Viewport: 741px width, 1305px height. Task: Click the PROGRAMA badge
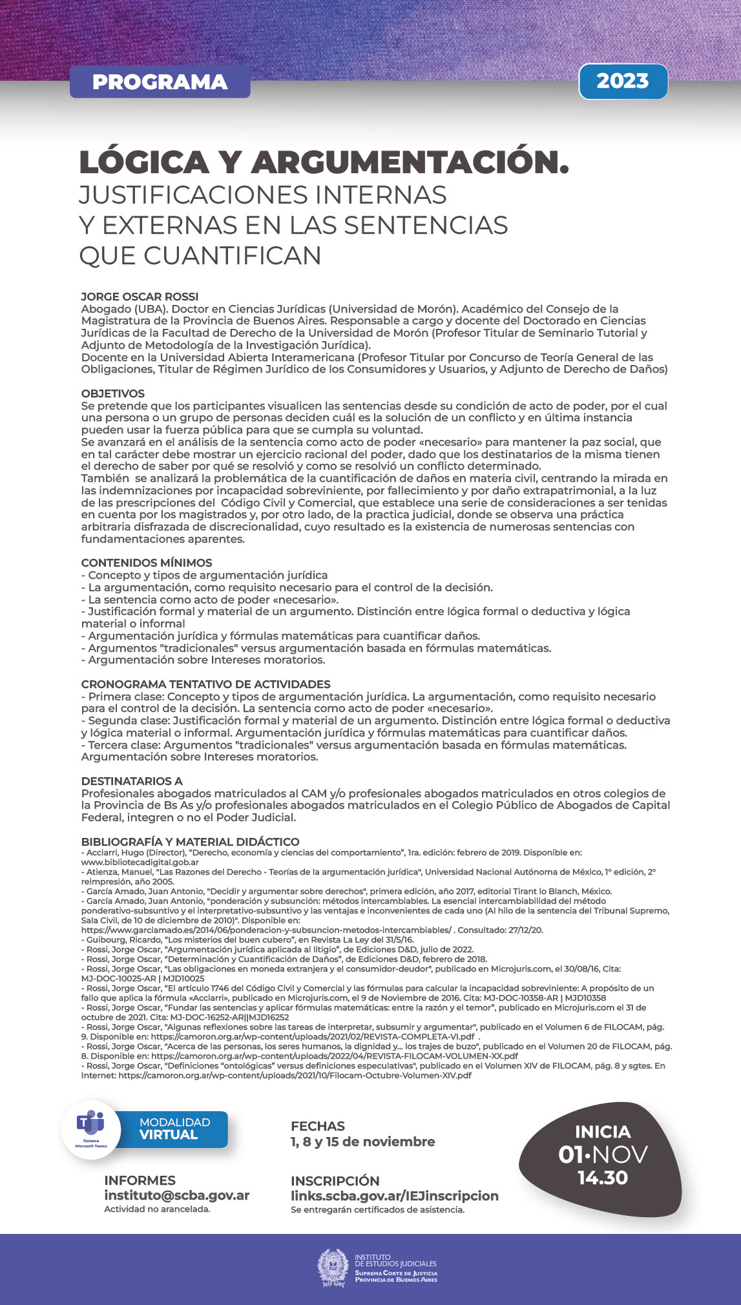(x=160, y=82)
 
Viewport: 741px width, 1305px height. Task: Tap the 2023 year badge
(x=623, y=81)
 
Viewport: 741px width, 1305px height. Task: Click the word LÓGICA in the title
(x=144, y=162)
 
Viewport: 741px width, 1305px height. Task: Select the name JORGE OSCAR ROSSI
(x=140, y=297)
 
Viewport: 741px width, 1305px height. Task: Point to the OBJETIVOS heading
(x=113, y=393)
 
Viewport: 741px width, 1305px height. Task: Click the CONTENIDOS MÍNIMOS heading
(x=147, y=563)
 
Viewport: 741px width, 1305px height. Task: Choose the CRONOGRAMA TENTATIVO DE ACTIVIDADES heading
(x=205, y=684)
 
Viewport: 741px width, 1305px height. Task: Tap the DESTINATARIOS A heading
(x=132, y=781)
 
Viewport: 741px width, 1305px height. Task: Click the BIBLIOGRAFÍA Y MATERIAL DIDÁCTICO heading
(x=190, y=842)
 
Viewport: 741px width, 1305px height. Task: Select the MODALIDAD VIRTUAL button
(x=174, y=1129)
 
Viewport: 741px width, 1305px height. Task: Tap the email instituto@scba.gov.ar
(x=177, y=1195)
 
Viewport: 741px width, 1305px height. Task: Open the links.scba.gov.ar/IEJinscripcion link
(x=394, y=1196)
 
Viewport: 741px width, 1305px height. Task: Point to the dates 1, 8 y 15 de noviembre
(x=362, y=1142)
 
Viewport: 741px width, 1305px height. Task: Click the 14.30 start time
(x=602, y=1178)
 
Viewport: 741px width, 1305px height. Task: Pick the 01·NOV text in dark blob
(x=602, y=1154)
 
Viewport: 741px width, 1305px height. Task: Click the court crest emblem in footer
(x=333, y=1268)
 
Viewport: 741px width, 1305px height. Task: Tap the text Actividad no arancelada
(x=157, y=1209)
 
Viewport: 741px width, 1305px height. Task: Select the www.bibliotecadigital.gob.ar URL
(x=140, y=862)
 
